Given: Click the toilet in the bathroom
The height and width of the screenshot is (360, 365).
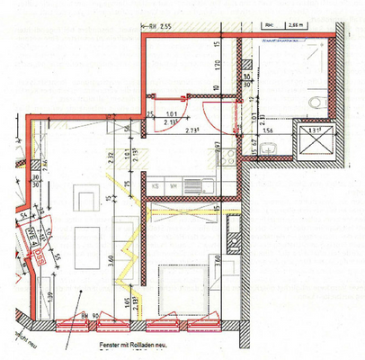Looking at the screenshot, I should click(x=310, y=105).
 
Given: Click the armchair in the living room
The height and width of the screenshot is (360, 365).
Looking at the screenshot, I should click(x=87, y=197).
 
